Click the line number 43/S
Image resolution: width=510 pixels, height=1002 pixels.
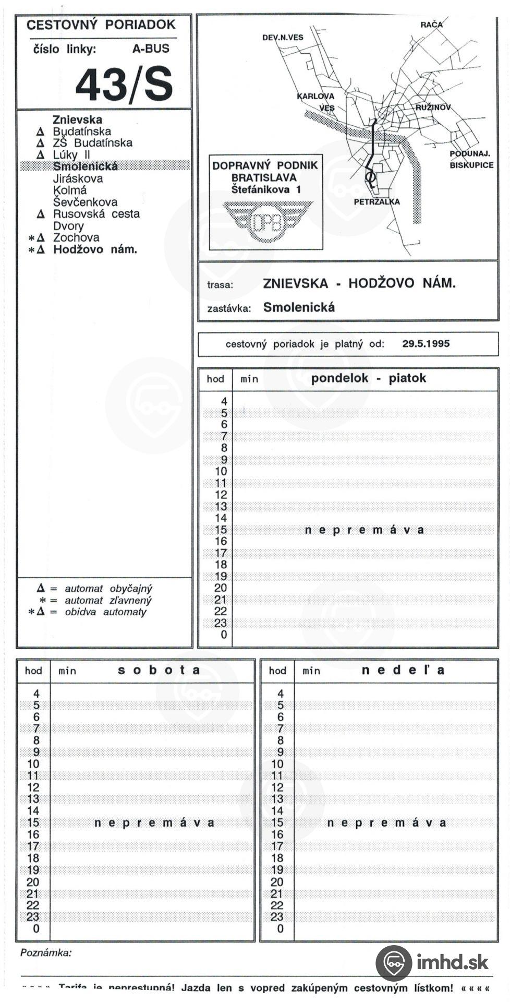(124, 85)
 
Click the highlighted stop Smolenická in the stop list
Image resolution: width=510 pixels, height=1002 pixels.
(85, 166)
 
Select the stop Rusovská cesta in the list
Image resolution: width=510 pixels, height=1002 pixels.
(96, 214)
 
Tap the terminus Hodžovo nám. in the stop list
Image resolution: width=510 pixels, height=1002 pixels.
(95, 249)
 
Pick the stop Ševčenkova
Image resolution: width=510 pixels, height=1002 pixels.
(85, 202)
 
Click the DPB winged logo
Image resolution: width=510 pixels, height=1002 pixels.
(267, 221)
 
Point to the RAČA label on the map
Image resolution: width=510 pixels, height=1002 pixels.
(431, 25)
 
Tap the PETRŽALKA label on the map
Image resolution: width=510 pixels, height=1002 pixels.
(377, 202)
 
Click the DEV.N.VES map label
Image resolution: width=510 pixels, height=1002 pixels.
(283, 38)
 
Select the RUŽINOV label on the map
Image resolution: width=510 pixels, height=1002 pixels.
(433, 108)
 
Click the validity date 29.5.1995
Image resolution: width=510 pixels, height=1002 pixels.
(426, 344)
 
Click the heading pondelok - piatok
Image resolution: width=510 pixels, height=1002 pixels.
(368, 378)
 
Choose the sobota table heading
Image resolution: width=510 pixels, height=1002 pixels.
(159, 670)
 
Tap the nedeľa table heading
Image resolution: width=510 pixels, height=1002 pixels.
(403, 670)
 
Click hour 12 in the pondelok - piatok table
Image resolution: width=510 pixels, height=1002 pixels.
(221, 495)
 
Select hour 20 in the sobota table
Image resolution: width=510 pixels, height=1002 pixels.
(33, 882)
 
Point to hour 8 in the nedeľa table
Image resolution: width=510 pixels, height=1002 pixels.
(281, 741)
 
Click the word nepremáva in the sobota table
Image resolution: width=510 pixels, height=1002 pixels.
(154, 823)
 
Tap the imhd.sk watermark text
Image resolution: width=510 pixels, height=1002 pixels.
(452, 962)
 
